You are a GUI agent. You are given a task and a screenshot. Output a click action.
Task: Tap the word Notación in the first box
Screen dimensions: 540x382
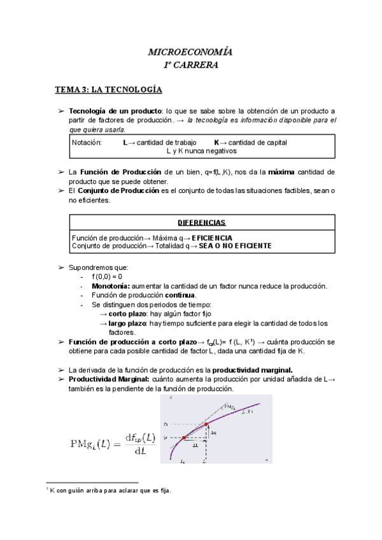coord(87,143)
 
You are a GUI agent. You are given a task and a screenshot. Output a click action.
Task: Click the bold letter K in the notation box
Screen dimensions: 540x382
coord(216,143)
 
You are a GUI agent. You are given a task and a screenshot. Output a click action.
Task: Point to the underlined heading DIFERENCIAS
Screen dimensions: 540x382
coord(201,222)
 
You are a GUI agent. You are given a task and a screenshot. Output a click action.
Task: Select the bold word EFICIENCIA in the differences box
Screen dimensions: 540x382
coord(207,237)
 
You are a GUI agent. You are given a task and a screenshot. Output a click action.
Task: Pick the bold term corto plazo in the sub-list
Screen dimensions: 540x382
coord(127,313)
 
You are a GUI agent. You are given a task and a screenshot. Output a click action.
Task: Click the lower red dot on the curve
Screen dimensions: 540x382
coord(183,438)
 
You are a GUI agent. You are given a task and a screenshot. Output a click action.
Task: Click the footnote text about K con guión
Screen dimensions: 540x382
coord(108,490)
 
